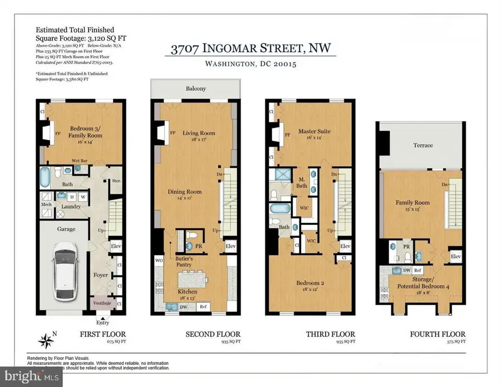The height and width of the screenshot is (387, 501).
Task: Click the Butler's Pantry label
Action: tap(184, 262)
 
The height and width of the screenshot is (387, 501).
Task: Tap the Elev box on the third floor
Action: tap(345, 246)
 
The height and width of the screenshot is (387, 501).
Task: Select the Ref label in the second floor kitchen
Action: tap(203, 306)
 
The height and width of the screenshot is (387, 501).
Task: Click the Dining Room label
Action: tap(185, 192)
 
